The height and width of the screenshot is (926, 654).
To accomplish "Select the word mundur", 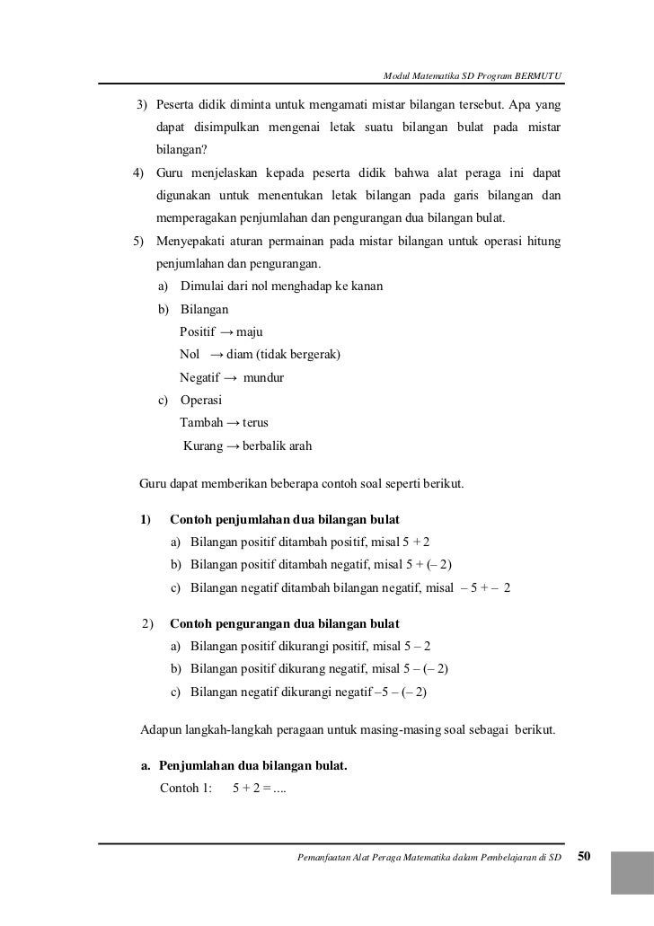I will coord(257,378).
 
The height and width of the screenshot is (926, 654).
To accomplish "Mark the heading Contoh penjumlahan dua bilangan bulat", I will coord(285,520).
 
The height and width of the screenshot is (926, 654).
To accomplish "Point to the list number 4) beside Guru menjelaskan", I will coord(138,172).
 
